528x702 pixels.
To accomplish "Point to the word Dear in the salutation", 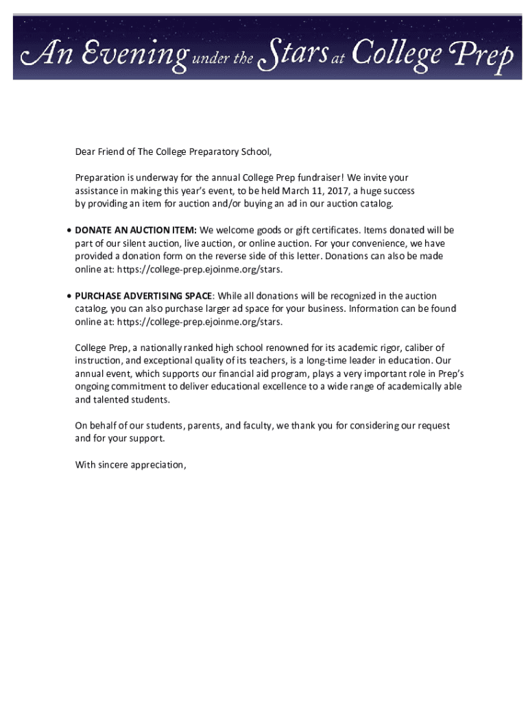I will tap(86, 152).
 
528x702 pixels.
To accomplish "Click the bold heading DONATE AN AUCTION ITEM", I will tap(136, 230).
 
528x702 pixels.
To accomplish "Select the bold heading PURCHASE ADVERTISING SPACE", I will tap(144, 296).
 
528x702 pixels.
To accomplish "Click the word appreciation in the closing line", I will tap(156, 465).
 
